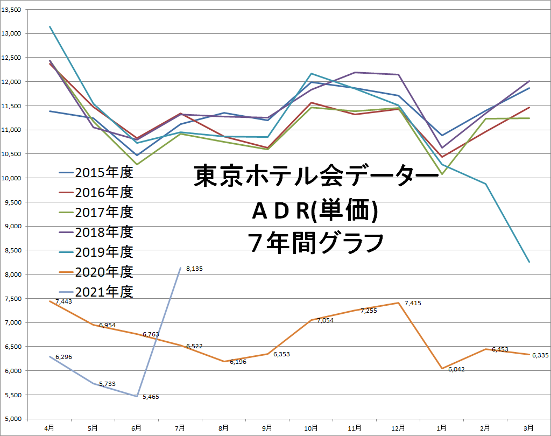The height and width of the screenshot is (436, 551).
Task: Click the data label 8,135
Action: (x=194, y=269)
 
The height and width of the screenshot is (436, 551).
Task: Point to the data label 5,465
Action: (x=150, y=397)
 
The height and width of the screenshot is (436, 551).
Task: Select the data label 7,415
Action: (x=412, y=304)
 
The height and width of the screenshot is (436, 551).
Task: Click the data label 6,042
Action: (x=456, y=369)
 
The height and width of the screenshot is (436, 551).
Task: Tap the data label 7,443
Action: (x=63, y=301)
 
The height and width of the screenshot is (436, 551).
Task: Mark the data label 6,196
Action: (x=238, y=362)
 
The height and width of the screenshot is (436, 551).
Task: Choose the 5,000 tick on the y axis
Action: (x=12, y=419)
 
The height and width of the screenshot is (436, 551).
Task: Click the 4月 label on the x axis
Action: (x=50, y=428)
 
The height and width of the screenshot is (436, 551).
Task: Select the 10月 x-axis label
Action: (x=311, y=428)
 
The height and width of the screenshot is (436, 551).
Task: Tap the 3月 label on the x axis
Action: (x=529, y=428)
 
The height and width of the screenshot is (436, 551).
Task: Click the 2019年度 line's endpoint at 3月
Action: (x=529, y=262)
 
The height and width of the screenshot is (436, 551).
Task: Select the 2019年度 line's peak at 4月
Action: (x=50, y=27)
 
